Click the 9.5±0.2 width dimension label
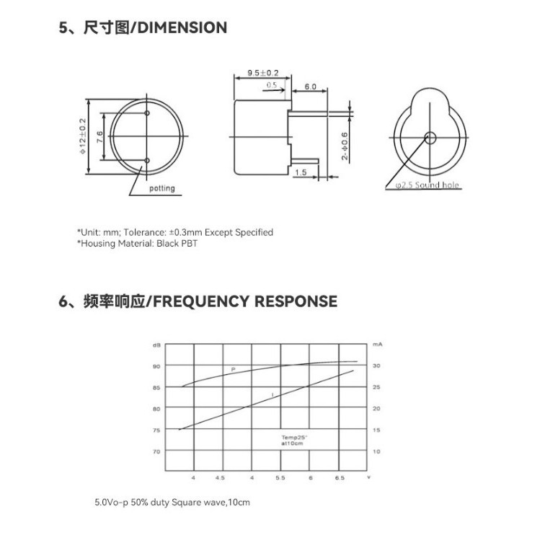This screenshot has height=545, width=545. click(262, 74)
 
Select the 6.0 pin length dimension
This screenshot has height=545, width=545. click(311, 87)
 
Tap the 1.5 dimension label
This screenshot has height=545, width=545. click(301, 172)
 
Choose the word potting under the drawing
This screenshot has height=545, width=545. click(162, 189)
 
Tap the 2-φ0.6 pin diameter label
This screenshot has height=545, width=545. click(345, 146)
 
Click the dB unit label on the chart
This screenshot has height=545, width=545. click(156, 345)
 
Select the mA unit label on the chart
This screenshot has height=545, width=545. click(376, 345)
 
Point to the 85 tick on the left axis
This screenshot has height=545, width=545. click(156, 388)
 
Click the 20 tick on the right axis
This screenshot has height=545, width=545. click(376, 409)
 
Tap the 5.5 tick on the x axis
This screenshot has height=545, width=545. click(280, 478)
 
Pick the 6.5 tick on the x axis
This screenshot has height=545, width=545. click(340, 478)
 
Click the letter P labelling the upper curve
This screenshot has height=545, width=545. click(233, 369)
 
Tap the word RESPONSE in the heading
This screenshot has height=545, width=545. click(296, 301)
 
